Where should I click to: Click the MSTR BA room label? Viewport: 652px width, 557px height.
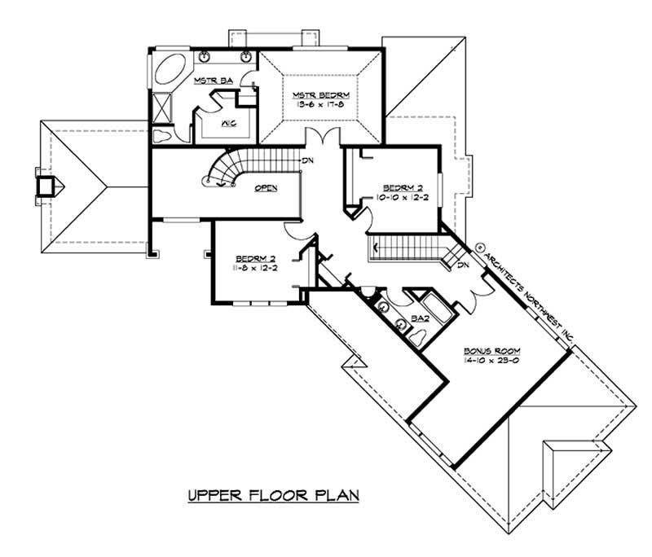click(x=213, y=80)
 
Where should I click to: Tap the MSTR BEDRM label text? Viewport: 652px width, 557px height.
click(x=319, y=94)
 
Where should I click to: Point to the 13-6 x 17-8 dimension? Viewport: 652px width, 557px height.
click(x=319, y=105)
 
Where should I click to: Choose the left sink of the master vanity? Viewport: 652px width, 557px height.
click(x=204, y=57)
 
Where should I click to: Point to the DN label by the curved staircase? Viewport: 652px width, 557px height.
click(x=308, y=160)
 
